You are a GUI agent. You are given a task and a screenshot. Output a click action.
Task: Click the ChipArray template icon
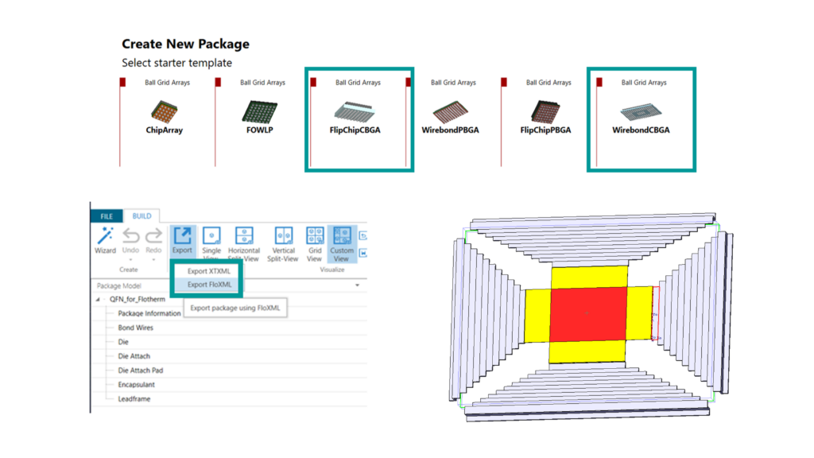165,111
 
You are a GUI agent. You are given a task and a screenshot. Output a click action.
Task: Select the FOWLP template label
260,130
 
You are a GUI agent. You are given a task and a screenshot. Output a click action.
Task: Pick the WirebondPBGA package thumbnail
451,111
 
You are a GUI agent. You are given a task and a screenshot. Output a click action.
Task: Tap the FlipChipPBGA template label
545,130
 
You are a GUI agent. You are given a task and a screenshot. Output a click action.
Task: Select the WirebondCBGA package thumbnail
641,111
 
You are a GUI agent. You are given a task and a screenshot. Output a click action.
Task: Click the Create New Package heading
185,45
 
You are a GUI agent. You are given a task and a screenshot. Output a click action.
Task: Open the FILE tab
106,216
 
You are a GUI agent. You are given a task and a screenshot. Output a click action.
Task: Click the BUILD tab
141,216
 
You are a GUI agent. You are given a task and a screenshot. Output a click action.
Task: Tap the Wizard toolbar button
105,240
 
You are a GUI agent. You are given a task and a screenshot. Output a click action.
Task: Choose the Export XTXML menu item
209,271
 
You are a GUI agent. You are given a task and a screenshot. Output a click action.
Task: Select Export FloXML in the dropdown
209,284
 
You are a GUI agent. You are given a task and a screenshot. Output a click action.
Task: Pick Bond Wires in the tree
136,328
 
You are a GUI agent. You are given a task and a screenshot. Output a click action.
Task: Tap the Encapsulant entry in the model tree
136,385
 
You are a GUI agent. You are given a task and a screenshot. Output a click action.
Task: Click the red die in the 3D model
588,314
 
